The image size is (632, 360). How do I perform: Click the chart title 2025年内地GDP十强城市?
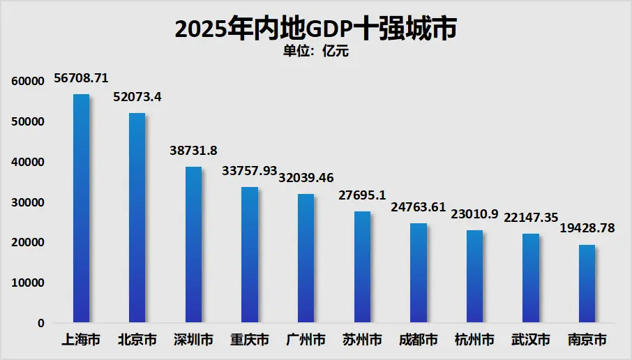(315, 29)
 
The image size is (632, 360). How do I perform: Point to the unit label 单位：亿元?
(315, 51)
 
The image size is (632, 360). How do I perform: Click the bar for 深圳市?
(193, 244)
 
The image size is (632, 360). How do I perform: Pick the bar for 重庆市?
(250, 255)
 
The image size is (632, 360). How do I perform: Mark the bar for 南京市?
(587, 283)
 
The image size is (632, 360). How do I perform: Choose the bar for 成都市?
(419, 273)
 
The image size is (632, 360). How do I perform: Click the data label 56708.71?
(81, 79)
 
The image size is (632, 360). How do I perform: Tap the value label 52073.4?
(137, 97)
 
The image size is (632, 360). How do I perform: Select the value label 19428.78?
(587, 229)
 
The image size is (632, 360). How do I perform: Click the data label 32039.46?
(306, 178)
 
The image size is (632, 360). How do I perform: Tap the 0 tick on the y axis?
(41, 324)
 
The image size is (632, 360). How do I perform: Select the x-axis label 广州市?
(306, 340)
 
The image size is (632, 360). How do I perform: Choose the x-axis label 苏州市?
(362, 340)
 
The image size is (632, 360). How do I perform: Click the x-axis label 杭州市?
(474, 340)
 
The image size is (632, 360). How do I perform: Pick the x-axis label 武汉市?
(531, 340)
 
